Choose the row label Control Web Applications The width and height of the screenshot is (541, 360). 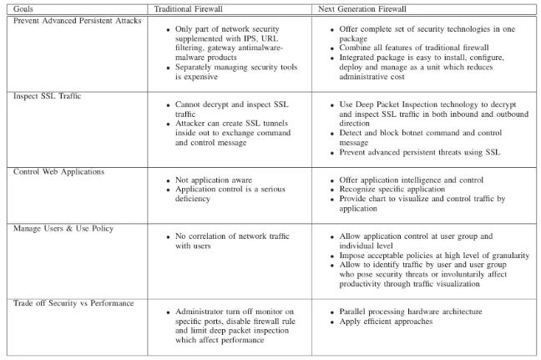tap(59, 170)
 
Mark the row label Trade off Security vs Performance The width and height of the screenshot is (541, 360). tap(73, 302)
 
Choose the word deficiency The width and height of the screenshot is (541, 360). tap(202, 199)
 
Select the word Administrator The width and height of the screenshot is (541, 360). tap(209, 312)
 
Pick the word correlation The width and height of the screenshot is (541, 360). tap(224, 237)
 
